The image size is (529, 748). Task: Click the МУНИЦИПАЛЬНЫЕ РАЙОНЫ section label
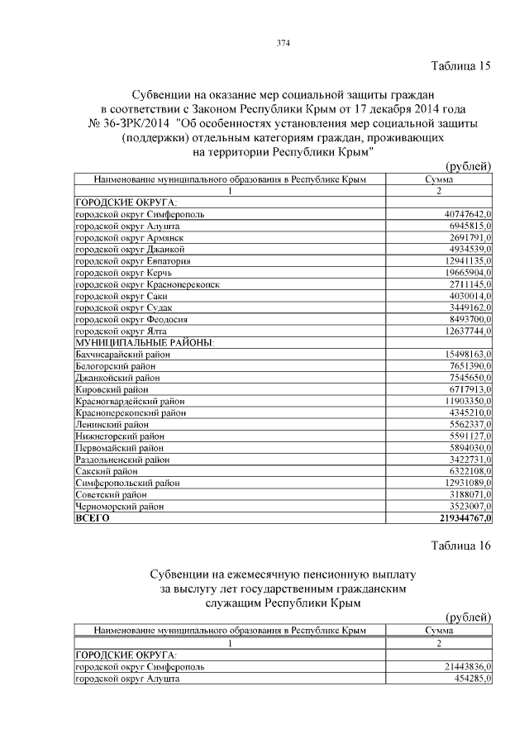pos(145,342)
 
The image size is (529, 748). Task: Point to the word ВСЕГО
pos(93,517)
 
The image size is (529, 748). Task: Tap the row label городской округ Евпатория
pos(133,260)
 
